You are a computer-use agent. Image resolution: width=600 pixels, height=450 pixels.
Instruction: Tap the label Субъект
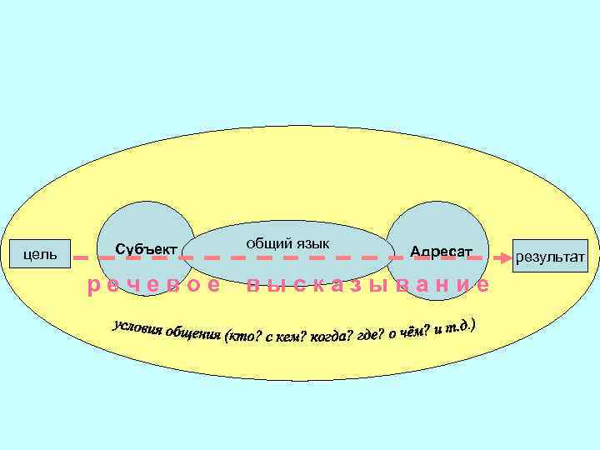[146, 249]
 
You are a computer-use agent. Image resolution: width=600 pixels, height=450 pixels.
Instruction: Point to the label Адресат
[441, 251]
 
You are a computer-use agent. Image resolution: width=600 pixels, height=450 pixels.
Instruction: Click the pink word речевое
[155, 285]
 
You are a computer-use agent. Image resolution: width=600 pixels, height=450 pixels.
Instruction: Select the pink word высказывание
[367, 285]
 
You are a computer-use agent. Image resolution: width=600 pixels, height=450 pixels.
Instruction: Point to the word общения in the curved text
[193, 334]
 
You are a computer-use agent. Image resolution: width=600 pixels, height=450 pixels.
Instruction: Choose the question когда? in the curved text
[328, 337]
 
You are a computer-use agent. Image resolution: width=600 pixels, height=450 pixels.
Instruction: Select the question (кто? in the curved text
[241, 337]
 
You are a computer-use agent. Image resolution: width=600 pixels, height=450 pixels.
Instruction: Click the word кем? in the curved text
[288, 337]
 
